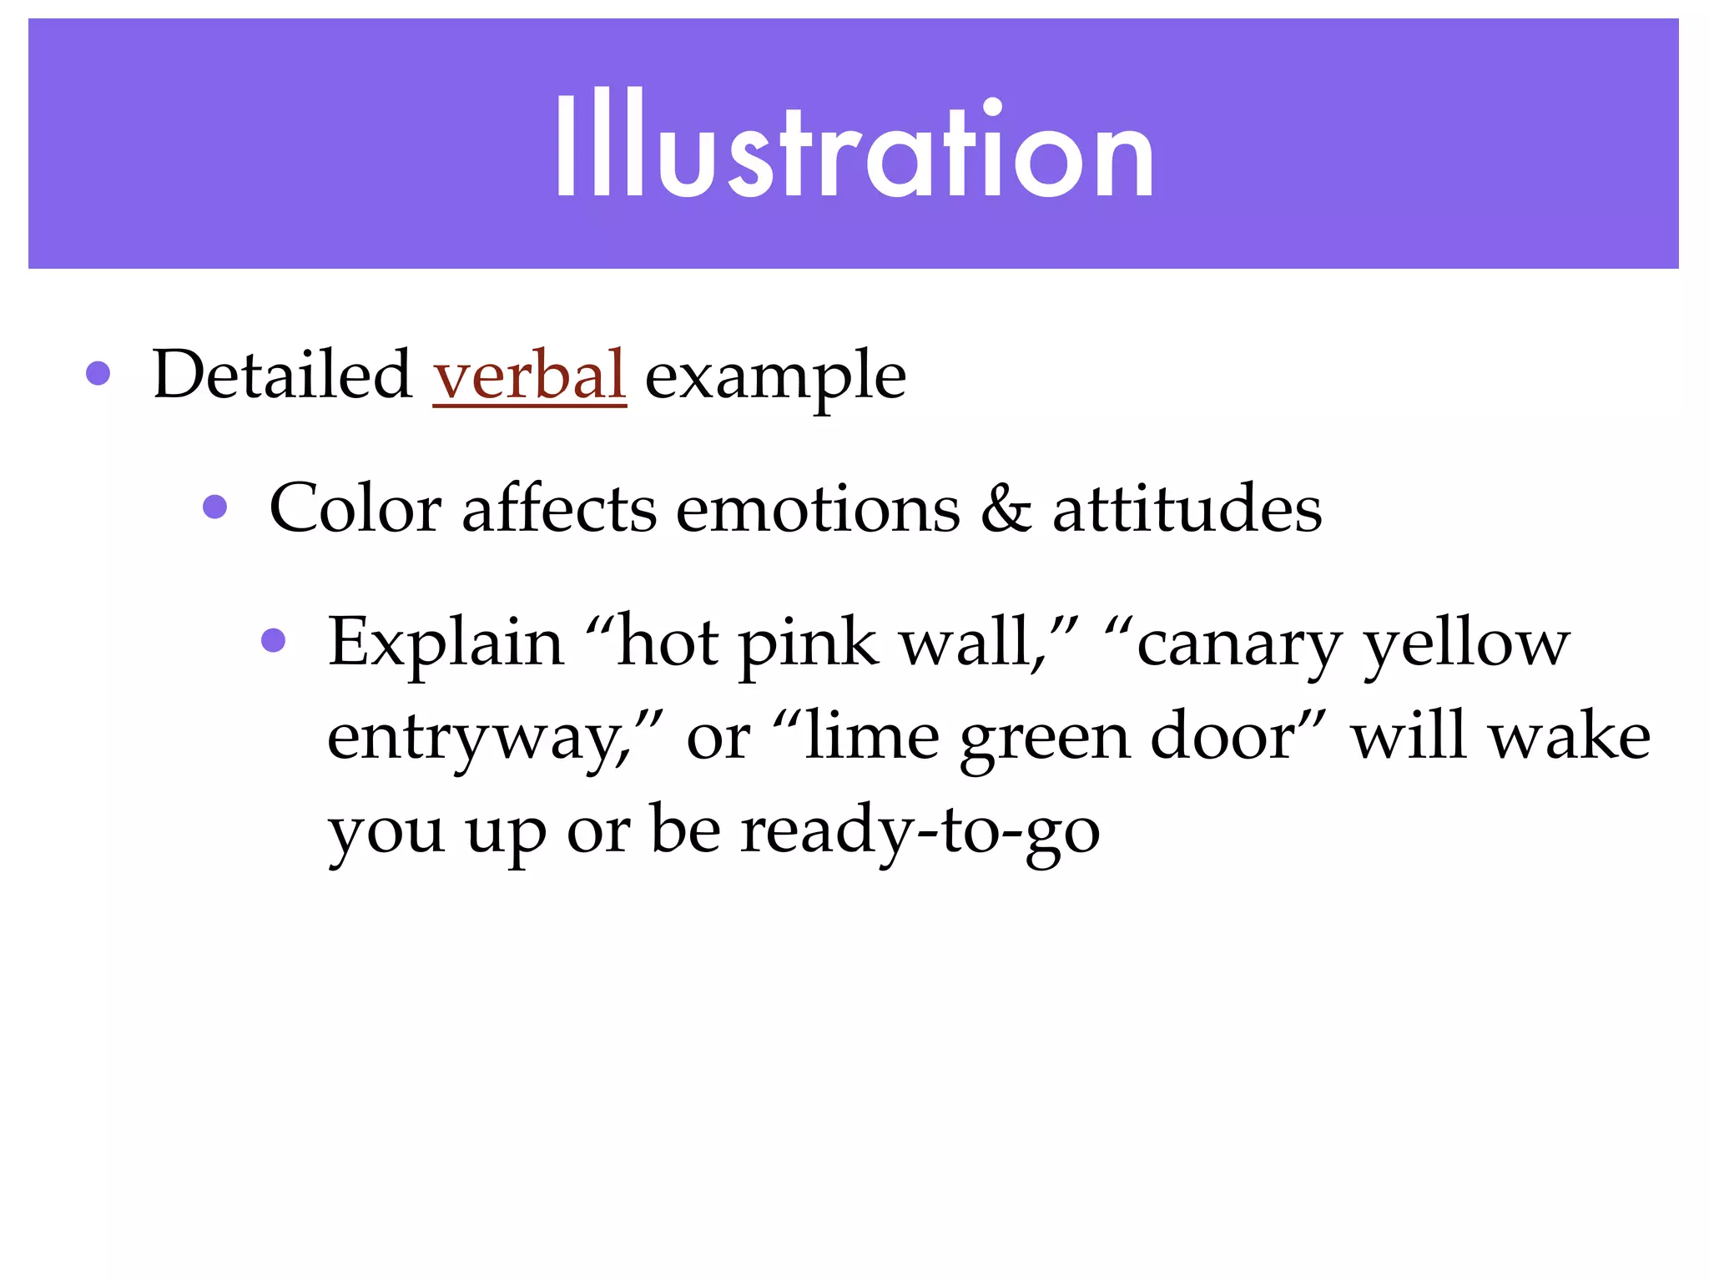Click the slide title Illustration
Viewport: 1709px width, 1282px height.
(x=854, y=146)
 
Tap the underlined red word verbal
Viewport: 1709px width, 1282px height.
(x=529, y=375)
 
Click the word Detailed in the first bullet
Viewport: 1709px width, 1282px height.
(x=282, y=375)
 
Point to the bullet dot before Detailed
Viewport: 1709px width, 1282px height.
(x=98, y=373)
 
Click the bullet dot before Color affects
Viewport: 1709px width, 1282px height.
(x=215, y=507)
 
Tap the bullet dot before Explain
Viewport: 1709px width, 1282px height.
(x=274, y=640)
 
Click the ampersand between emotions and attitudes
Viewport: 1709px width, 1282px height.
(x=1006, y=508)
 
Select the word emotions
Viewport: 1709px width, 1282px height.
(x=818, y=508)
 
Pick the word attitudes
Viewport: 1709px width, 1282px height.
(x=1187, y=508)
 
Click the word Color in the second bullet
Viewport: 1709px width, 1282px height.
(x=355, y=508)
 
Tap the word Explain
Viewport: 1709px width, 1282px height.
(x=446, y=644)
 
